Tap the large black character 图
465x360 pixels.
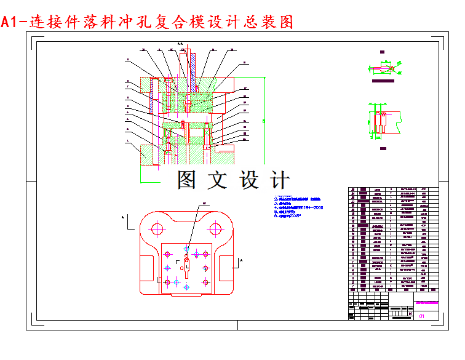(x=189, y=179)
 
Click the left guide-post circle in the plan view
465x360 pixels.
(x=157, y=229)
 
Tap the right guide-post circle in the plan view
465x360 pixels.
(x=215, y=229)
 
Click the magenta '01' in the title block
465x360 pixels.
(x=422, y=316)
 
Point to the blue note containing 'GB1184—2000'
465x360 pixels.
(x=301, y=207)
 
